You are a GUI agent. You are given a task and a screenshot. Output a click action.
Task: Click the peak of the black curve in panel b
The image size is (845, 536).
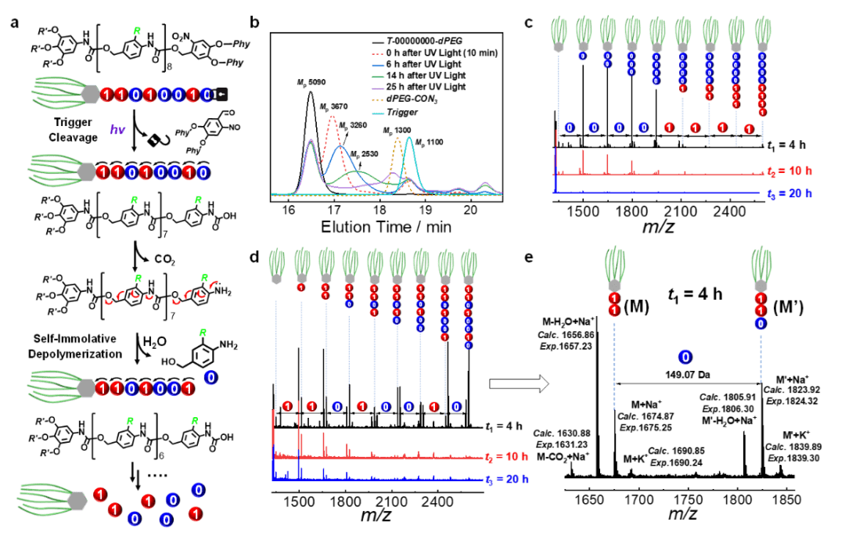point(311,92)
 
